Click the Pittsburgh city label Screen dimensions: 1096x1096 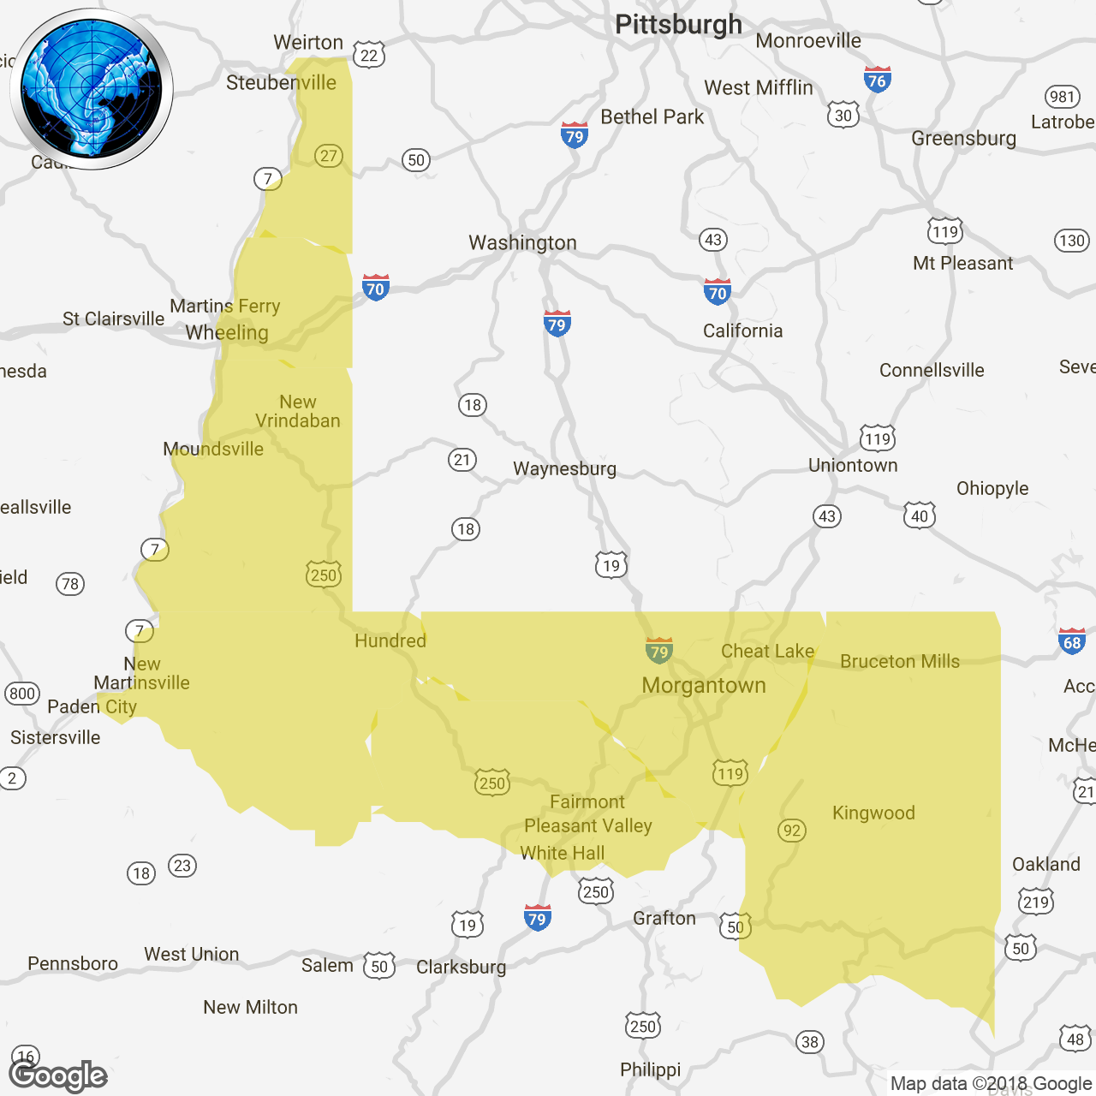[x=678, y=24]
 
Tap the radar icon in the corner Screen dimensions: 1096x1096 [x=92, y=89]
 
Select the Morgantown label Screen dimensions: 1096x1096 [x=704, y=685]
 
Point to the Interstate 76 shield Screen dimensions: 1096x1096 [x=877, y=80]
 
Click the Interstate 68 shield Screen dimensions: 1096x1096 [x=1071, y=641]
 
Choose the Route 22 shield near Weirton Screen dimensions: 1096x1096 [x=369, y=56]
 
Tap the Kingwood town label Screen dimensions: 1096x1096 [x=873, y=813]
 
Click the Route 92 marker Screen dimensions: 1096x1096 [x=792, y=830]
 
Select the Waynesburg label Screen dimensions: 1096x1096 [x=564, y=468]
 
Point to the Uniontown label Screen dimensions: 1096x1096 [x=853, y=465]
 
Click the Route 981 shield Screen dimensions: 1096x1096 [x=1062, y=97]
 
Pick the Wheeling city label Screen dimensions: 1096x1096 [x=227, y=332]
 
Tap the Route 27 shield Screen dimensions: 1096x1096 [x=329, y=156]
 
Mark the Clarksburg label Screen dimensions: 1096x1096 [x=461, y=967]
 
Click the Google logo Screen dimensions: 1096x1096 [x=57, y=1075]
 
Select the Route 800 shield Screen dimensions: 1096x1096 [x=22, y=694]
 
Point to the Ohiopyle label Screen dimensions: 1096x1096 [x=992, y=488]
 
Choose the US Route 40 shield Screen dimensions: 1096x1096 [x=920, y=515]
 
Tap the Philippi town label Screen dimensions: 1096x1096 [x=651, y=1069]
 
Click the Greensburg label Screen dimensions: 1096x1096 [x=963, y=138]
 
